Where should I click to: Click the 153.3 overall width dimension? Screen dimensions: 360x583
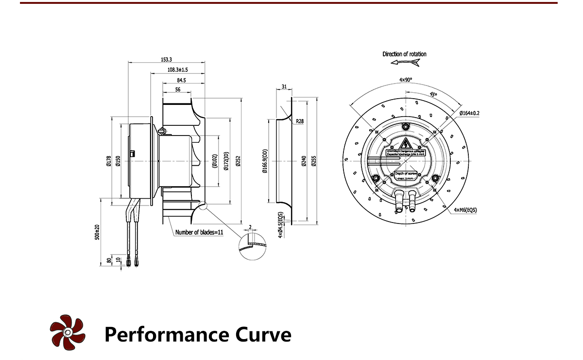(x=166, y=59)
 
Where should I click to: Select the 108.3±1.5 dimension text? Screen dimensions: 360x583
(x=177, y=70)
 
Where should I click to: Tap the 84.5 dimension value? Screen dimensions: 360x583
(x=182, y=80)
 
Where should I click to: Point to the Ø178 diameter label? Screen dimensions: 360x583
(x=108, y=160)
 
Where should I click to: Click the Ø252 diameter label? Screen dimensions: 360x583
(x=238, y=160)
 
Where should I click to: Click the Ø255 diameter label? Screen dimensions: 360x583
(x=314, y=160)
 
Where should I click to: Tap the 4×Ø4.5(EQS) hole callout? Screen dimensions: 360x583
(x=280, y=225)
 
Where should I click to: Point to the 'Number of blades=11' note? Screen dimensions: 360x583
(x=199, y=232)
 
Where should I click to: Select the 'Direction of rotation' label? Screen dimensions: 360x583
(x=404, y=54)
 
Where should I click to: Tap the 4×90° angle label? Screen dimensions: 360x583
(x=405, y=79)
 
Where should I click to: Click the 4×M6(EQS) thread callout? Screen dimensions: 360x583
(x=465, y=210)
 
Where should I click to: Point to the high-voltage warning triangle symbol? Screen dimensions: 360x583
(x=405, y=143)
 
